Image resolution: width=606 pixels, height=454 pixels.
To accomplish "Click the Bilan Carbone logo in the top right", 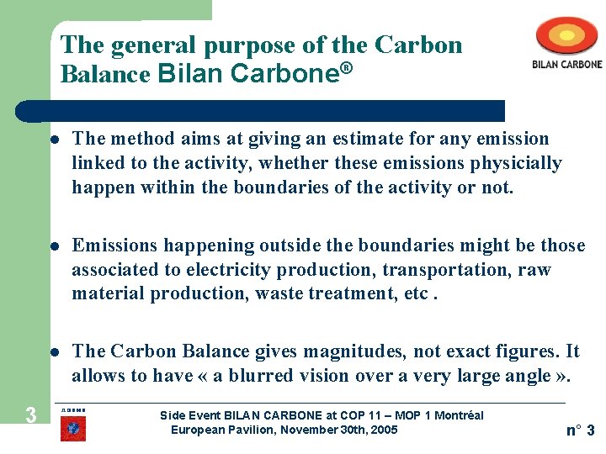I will pyautogui.click(x=566, y=43).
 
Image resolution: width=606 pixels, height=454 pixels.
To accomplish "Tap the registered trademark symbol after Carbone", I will pyautogui.click(x=344, y=66).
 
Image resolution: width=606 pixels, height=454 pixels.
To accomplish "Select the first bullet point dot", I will pyautogui.click(x=52, y=140).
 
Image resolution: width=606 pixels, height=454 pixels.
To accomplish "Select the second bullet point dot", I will pyautogui.click(x=52, y=246).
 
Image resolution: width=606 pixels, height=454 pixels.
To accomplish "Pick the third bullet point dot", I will pyautogui.click(x=52, y=352).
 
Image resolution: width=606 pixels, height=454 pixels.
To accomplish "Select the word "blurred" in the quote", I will pyautogui.click(x=251, y=376).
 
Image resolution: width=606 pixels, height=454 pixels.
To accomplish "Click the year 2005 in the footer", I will pyautogui.click(x=383, y=430).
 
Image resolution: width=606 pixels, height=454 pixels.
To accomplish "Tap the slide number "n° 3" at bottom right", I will pyautogui.click(x=580, y=430).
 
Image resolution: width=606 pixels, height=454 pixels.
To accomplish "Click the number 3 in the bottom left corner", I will pyautogui.click(x=30, y=414).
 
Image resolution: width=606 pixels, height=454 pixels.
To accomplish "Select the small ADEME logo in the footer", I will pyautogui.click(x=73, y=425).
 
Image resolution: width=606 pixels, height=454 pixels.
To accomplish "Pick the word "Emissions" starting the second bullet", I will pyautogui.click(x=114, y=245).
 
